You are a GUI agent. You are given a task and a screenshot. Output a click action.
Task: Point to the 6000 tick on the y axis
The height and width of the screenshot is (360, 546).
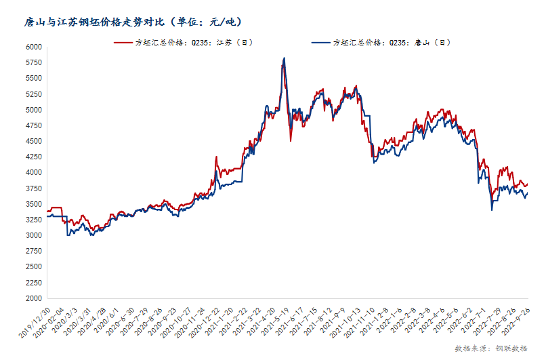[33, 47]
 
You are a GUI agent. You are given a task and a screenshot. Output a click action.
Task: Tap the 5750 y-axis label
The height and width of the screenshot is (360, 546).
[33, 63]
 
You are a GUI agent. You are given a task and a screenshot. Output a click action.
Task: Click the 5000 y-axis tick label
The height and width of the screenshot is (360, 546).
[33, 110]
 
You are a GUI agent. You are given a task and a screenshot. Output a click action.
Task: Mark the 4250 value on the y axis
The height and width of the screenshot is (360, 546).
[33, 157]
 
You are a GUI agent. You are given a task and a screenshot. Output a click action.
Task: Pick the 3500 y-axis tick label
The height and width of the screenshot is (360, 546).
[33, 204]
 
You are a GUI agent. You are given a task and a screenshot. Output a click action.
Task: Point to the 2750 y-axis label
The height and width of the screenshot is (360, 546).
[33, 252]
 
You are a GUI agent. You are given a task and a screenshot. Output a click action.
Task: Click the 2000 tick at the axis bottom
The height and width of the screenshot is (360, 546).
[33, 298]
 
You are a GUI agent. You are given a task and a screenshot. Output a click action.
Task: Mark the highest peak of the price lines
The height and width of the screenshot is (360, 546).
[284, 58]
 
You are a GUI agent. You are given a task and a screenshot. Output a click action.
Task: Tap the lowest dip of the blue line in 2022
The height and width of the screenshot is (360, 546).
[492, 209]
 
